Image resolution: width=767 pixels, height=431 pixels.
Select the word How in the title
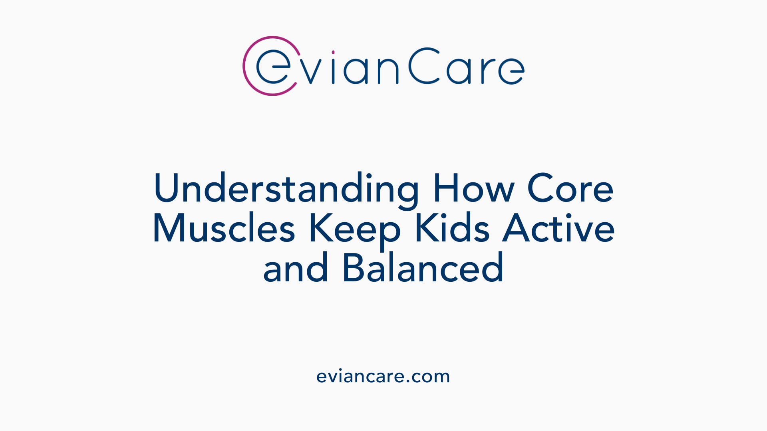473,188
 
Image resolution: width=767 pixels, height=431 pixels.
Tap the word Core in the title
570,188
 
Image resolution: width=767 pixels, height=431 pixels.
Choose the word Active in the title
558,228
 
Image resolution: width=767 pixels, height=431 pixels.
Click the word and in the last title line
296,268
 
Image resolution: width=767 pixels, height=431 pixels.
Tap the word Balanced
423,268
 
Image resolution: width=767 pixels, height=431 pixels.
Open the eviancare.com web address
383,376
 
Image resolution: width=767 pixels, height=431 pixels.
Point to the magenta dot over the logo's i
333,52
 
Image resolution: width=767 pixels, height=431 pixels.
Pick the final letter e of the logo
512,71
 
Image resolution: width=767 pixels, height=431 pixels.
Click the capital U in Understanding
165,188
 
